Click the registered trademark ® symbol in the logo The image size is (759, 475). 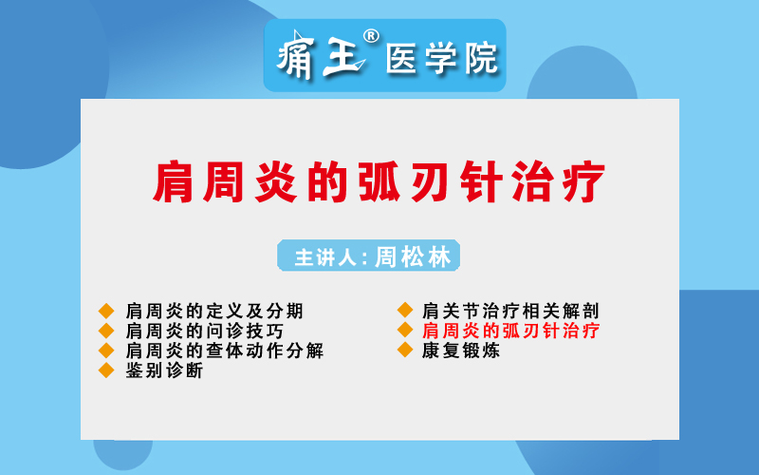[371, 36]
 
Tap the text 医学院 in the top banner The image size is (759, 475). [442, 58]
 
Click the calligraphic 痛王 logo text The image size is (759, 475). [321, 56]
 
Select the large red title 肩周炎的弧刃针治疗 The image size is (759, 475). [379, 181]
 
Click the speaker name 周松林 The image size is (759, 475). [413, 256]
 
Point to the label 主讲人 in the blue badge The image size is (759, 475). [325, 256]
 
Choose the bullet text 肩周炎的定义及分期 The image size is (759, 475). [214, 311]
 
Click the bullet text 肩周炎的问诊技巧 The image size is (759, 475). [205, 331]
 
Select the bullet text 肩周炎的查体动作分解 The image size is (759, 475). [225, 351]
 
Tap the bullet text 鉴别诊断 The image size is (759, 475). [164, 370]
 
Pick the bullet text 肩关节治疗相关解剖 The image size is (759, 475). [510, 311]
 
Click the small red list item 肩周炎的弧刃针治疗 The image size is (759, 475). [510, 330]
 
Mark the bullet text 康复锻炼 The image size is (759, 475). [461, 350]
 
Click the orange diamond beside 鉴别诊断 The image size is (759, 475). [106, 370]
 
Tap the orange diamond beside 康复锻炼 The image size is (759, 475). [405, 350]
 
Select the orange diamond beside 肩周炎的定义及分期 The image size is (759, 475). [106, 311]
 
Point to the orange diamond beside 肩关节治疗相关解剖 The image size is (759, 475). [405, 311]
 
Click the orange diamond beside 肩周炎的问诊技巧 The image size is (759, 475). [106, 331]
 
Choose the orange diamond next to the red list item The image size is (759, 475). [405, 330]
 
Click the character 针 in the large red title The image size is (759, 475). [481, 181]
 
